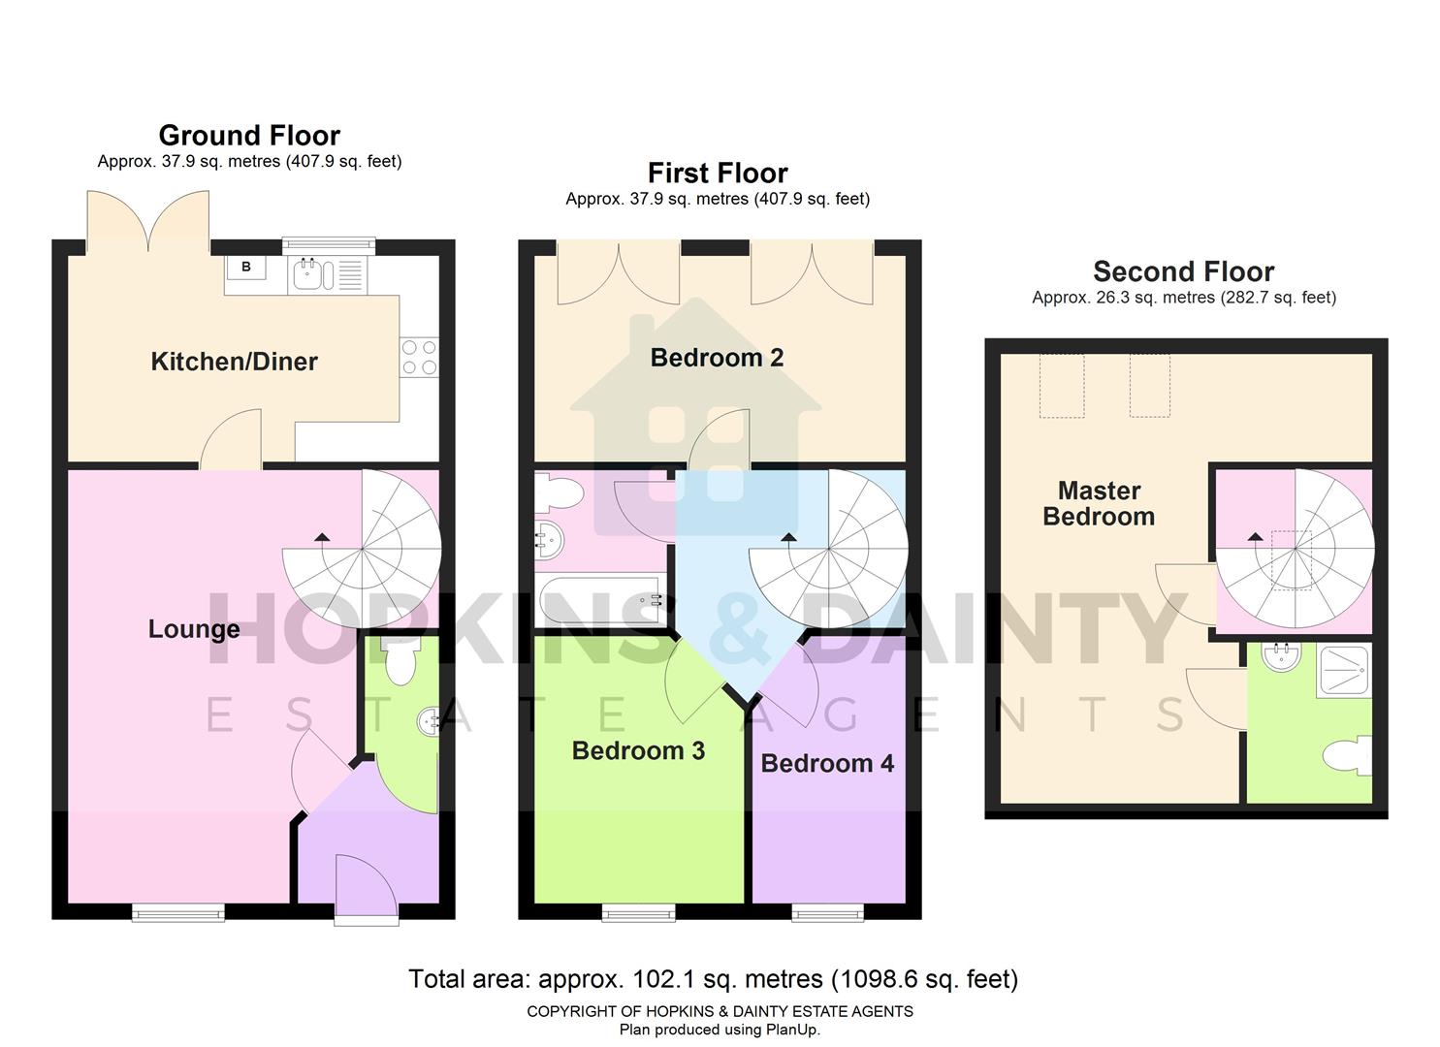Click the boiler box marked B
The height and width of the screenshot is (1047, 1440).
pyautogui.click(x=246, y=267)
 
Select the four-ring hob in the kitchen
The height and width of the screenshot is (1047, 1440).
pyautogui.click(x=419, y=356)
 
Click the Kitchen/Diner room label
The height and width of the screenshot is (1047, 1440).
pyautogui.click(x=234, y=362)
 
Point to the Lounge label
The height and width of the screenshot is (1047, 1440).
pyautogui.click(x=194, y=629)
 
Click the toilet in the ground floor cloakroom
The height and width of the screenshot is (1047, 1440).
pyautogui.click(x=399, y=661)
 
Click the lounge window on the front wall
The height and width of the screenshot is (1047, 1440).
pyautogui.click(x=178, y=911)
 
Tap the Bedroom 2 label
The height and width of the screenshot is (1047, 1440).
pyautogui.click(x=717, y=358)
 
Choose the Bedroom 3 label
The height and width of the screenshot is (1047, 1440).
pyautogui.click(x=638, y=750)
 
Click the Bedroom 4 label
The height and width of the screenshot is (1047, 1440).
pyautogui.click(x=827, y=763)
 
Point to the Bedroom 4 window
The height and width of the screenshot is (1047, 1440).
pyautogui.click(x=827, y=911)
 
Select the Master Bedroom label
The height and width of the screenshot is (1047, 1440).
pyautogui.click(x=1099, y=503)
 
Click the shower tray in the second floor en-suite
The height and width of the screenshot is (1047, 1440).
pyautogui.click(x=1343, y=670)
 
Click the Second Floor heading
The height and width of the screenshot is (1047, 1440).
pyautogui.click(x=1183, y=271)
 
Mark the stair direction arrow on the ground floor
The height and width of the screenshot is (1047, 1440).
pyautogui.click(x=320, y=535)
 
